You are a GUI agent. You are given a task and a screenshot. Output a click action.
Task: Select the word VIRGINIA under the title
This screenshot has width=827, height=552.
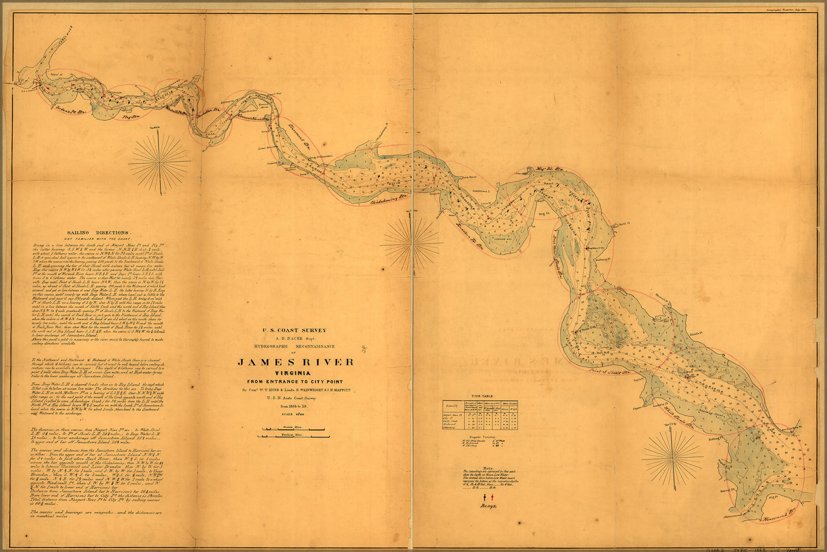pyautogui.click(x=296, y=373)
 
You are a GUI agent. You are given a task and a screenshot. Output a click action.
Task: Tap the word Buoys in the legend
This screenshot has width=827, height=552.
pyautogui.click(x=487, y=506)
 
